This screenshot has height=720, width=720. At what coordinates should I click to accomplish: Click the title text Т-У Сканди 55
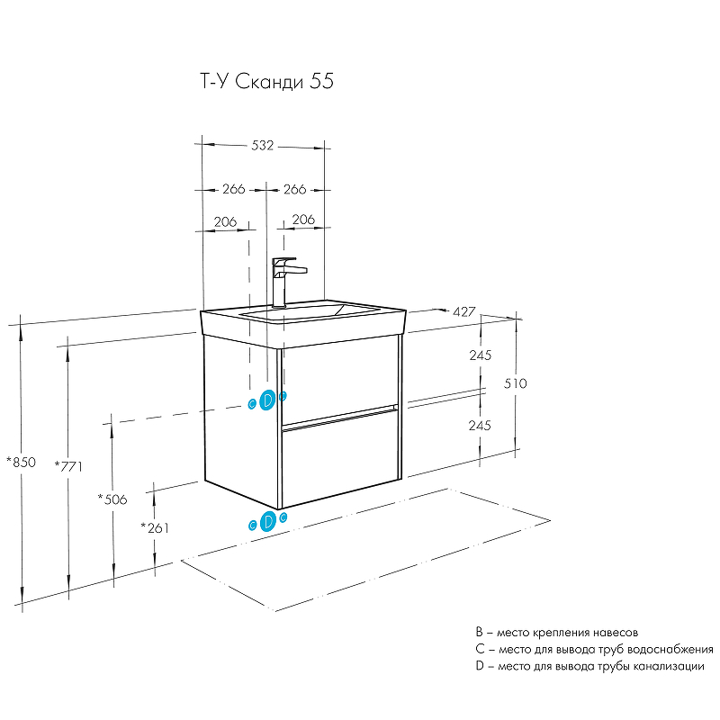(265, 82)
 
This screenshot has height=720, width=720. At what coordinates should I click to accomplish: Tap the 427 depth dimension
(463, 311)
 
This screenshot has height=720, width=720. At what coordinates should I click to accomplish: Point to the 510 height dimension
(516, 383)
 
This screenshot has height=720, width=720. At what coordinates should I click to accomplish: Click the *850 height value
(20, 463)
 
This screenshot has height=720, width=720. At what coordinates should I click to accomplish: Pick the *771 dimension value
(68, 465)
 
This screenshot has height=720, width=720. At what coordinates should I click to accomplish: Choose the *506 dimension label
(112, 499)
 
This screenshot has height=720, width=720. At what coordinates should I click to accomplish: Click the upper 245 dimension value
(480, 355)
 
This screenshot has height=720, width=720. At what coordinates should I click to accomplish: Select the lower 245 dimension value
(480, 426)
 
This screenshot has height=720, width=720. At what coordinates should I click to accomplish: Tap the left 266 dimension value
(233, 190)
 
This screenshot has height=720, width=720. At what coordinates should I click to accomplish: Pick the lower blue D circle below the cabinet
(267, 521)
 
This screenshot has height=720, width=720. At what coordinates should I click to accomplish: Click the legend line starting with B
(562, 634)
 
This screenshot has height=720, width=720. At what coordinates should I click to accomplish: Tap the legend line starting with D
(589, 667)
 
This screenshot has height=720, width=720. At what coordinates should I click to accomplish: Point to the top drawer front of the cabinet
(339, 378)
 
